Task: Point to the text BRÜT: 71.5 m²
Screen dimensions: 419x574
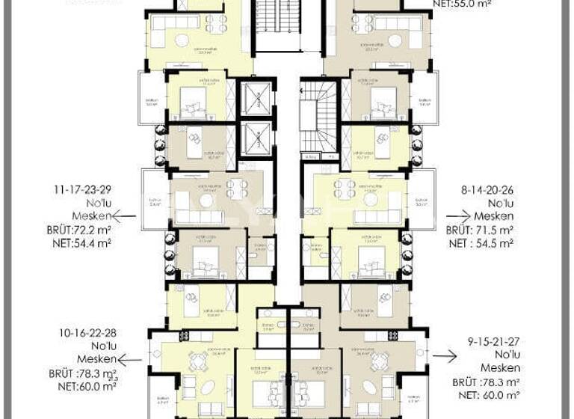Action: coord(479,230)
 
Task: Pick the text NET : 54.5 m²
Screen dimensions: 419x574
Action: coord(480,244)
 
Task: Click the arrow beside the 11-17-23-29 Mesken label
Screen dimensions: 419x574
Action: coord(125,215)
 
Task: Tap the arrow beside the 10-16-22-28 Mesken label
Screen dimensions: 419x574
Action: coord(129,360)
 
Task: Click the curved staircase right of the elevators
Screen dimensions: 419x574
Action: coord(319,117)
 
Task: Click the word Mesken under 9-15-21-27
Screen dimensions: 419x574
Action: coord(500,368)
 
